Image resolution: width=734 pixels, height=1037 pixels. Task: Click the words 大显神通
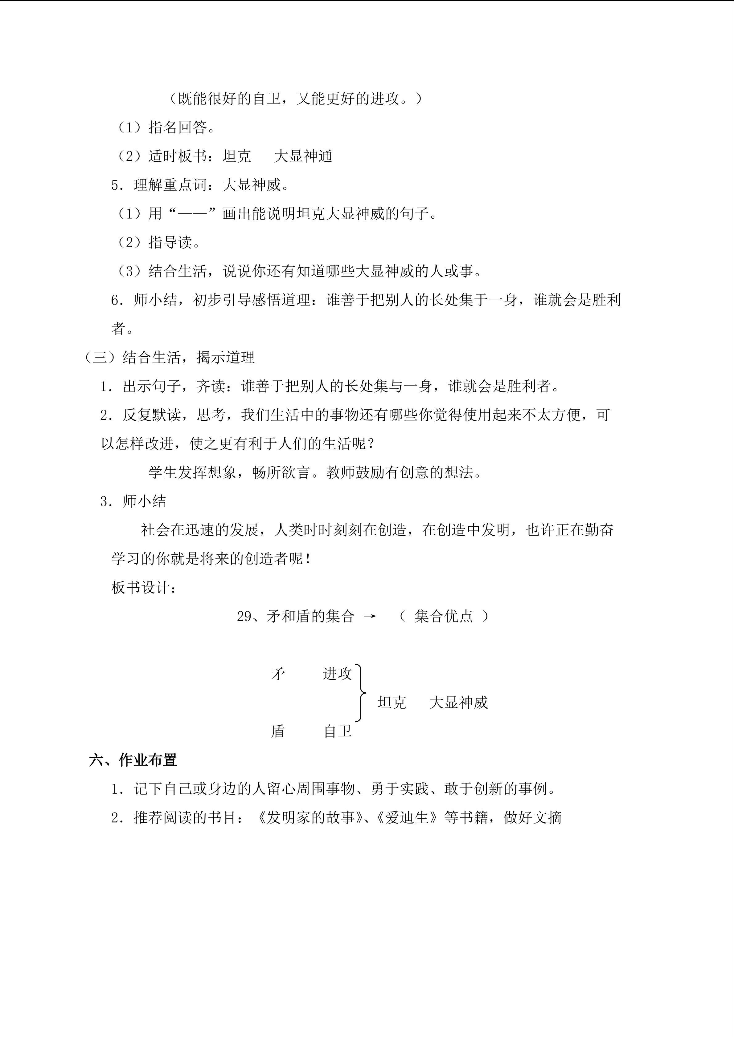coord(303,156)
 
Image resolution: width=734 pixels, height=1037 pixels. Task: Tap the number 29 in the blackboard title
coord(244,617)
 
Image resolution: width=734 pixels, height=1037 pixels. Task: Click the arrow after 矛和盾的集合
coord(370,617)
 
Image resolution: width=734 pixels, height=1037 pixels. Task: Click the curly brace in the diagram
coord(360,692)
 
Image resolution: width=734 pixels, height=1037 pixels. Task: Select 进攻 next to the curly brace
coord(337,674)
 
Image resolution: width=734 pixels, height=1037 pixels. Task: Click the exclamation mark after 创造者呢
coord(308,559)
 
